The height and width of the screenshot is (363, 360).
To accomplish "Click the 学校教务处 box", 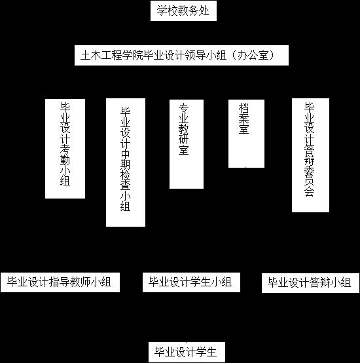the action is coord(183,10).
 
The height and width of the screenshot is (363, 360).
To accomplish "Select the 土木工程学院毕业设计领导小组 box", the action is coord(181,55).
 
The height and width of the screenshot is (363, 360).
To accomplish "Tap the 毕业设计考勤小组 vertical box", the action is coord(65,149).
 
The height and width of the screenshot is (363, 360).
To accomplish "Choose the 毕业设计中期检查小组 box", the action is coord(126,162).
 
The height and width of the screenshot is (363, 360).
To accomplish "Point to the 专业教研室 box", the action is coord(187,144).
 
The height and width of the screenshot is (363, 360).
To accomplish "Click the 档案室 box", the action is coord(246,134).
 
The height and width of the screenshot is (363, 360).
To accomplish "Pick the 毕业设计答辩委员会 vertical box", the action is coord(310,155).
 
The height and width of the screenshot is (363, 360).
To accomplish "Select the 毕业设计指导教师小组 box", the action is coord(60,282).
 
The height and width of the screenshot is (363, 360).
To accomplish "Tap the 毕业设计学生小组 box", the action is coord(191,282).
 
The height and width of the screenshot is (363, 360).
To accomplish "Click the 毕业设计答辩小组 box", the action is coord(310,283).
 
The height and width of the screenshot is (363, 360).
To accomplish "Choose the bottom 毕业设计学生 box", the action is coord(187,352).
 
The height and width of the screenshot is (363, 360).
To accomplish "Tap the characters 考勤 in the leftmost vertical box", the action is coord(65,155).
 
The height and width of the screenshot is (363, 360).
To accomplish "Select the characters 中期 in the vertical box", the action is coord(125,159).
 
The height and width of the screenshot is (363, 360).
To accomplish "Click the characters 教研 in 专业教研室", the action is coord(183,134).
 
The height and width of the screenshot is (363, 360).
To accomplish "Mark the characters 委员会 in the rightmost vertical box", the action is coord(309,181).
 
